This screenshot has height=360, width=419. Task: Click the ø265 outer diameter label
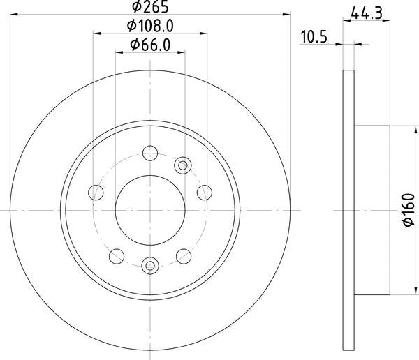(150, 7)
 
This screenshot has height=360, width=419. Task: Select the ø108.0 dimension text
(150, 26)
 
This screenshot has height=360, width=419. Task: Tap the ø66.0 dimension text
(150, 45)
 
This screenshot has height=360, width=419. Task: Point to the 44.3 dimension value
(367, 13)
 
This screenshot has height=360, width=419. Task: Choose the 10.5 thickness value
(314, 37)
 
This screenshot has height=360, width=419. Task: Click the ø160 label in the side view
(409, 210)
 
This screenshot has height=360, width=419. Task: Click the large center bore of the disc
(150, 210)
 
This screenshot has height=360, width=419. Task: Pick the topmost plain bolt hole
(150, 153)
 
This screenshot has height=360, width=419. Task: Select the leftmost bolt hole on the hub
(96, 193)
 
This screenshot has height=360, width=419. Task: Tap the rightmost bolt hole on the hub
(205, 193)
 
